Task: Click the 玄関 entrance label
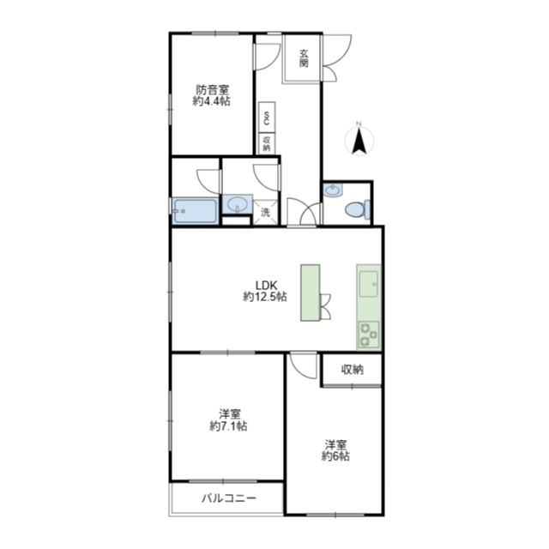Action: pyautogui.click(x=304, y=58)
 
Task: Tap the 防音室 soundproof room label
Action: pyautogui.click(x=212, y=89)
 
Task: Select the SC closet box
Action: pyautogui.click(x=267, y=118)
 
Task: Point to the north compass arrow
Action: pyautogui.click(x=359, y=141)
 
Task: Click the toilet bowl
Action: pyautogui.click(x=354, y=209)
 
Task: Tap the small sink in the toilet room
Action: pyautogui.click(x=333, y=190)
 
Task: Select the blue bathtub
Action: pyautogui.click(x=195, y=211)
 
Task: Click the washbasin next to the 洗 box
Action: pyautogui.click(x=238, y=204)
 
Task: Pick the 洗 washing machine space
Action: pyautogui.click(x=265, y=212)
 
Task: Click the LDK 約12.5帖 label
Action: pyautogui.click(x=265, y=291)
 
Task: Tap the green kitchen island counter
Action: pyautogui.click(x=311, y=293)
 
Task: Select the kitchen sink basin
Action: pyautogui.click(x=369, y=284)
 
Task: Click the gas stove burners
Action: pyautogui.click(x=369, y=335)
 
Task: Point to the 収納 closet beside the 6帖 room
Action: pyautogui.click(x=352, y=370)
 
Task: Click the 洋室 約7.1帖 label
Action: pyautogui.click(x=229, y=420)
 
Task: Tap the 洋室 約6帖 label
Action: pyautogui.click(x=335, y=450)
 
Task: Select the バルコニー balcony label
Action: pyautogui.click(x=229, y=498)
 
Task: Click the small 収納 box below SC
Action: pyautogui.click(x=267, y=144)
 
